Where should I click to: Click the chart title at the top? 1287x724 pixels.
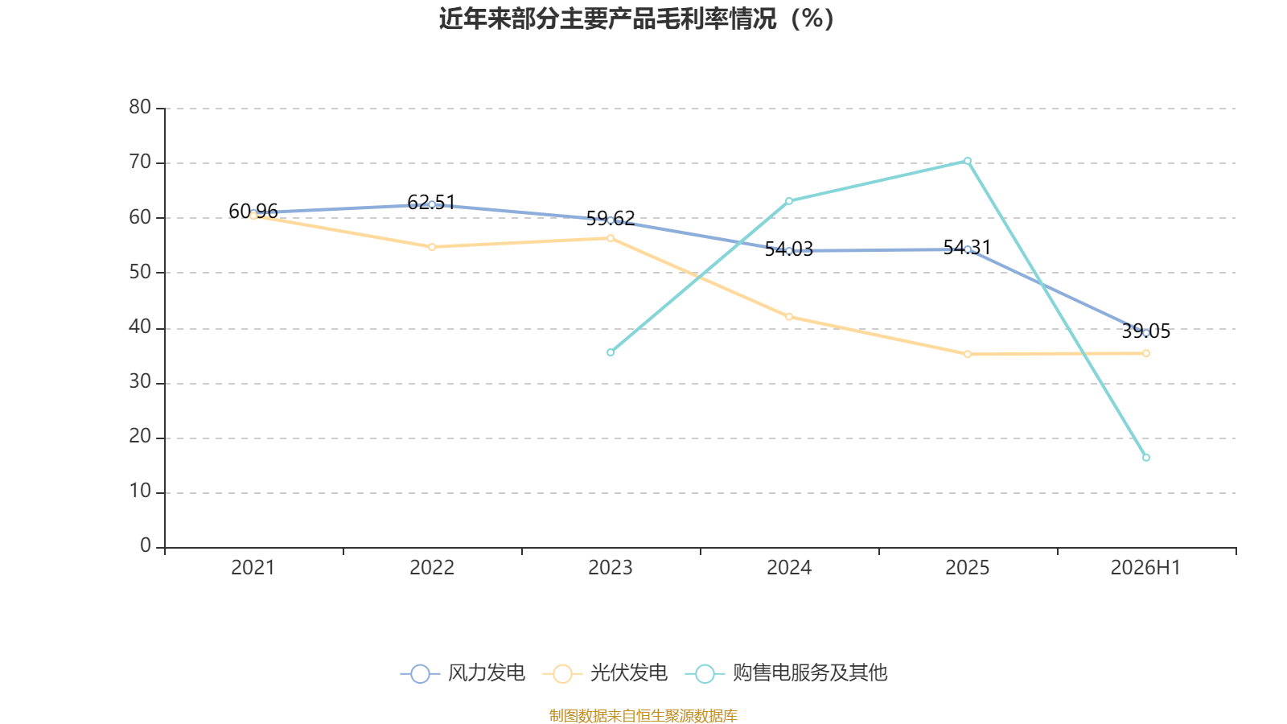click(x=636, y=19)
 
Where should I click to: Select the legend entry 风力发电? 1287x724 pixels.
click(x=463, y=673)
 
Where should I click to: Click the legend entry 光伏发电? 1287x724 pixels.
click(x=605, y=673)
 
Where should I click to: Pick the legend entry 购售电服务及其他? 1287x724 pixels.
click(x=787, y=673)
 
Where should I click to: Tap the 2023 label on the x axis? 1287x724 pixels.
click(x=611, y=568)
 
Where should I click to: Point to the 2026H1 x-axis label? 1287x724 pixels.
click(x=1145, y=568)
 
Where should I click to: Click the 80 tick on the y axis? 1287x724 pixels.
click(x=140, y=107)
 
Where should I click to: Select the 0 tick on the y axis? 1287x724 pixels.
click(x=146, y=545)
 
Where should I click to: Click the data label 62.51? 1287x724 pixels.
click(x=431, y=202)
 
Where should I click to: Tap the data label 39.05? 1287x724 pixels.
click(x=1145, y=331)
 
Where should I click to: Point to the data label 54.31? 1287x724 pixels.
click(x=968, y=248)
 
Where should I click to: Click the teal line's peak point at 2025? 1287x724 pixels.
click(x=968, y=161)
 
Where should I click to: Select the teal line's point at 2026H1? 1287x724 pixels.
click(x=1145, y=458)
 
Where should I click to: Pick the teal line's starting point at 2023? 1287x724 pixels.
click(x=611, y=352)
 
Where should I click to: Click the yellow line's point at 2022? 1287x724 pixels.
click(x=432, y=247)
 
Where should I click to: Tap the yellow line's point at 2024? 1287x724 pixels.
click(x=789, y=317)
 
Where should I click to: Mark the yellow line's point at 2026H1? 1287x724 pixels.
click(x=1145, y=353)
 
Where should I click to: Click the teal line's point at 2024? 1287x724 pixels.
click(x=789, y=201)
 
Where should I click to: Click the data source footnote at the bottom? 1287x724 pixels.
click(x=643, y=715)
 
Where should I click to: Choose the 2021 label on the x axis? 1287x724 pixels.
click(x=253, y=568)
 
